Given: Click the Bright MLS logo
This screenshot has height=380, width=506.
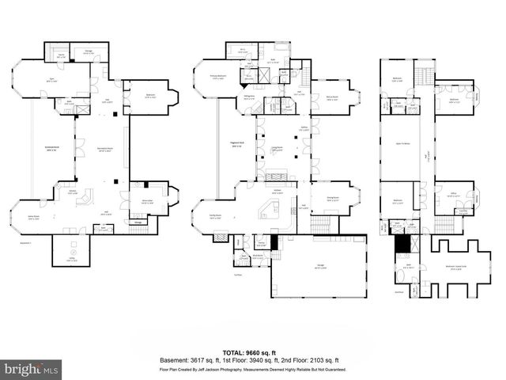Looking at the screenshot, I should point(31,368).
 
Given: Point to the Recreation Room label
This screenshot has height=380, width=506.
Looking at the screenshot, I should point(102,148).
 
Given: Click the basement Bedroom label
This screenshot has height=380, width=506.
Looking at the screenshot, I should point(150,96).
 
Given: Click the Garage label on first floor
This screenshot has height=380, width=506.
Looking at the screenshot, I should point(320,268).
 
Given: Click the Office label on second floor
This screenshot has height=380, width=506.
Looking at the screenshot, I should point(454,194).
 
